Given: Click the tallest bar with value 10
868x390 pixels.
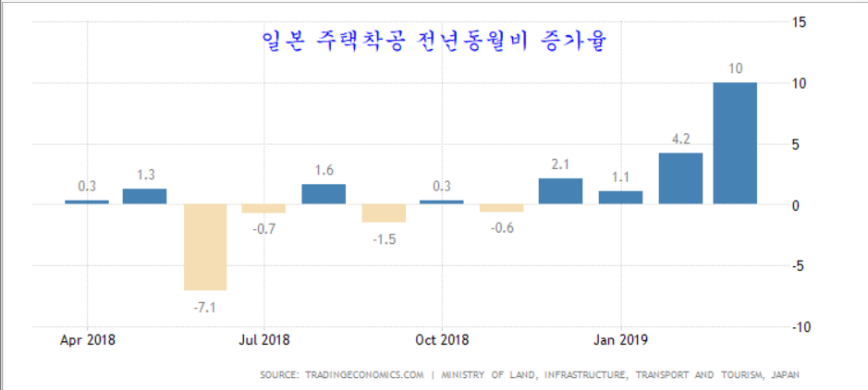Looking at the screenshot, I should (x=735, y=143).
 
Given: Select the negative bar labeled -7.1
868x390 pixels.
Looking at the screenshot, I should (x=204, y=247).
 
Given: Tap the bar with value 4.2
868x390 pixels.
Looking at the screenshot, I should (x=680, y=178).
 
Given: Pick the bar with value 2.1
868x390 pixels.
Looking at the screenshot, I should (x=560, y=190).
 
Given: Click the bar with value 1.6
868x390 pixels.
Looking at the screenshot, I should (x=324, y=194).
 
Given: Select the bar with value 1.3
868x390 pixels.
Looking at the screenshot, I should (x=144, y=196).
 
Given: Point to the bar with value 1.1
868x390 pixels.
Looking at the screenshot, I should (x=620, y=197).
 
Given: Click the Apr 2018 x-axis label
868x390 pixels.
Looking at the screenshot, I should (x=87, y=339).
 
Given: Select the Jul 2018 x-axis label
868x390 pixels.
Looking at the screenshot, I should (x=264, y=339).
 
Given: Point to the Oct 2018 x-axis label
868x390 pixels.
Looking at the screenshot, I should (x=442, y=339).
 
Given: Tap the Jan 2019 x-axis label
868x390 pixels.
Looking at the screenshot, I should (x=619, y=339).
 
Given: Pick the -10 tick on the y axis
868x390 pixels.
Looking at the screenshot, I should (x=802, y=326).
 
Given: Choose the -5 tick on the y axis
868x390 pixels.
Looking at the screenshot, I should (x=805, y=265).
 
